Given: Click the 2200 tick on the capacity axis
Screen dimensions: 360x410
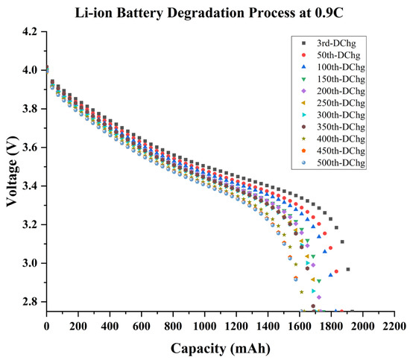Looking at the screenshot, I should [394, 326].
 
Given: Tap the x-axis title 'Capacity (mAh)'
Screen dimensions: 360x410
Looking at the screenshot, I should [219, 347].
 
